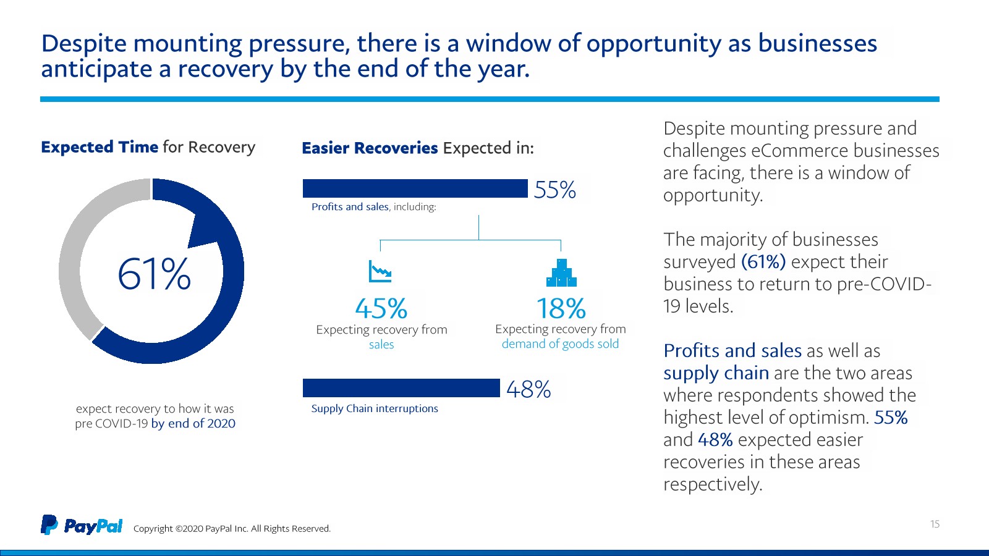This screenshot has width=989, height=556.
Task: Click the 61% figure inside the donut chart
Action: click(154, 274)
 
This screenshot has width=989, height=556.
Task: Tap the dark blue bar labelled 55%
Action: click(415, 188)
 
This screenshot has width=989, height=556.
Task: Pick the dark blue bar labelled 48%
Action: click(401, 388)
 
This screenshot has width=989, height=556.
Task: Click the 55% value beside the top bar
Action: click(554, 190)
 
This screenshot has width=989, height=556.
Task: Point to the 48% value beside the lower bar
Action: click(528, 389)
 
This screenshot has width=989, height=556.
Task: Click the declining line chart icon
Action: click(380, 271)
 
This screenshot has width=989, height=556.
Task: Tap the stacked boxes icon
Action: click(561, 273)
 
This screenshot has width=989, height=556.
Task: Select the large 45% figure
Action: click(381, 308)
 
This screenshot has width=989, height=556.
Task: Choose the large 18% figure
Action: click(561, 308)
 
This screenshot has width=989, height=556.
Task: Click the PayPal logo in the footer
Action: click(82, 525)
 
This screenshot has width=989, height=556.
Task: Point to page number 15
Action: click(935, 524)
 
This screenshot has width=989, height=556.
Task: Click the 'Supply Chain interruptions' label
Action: click(375, 408)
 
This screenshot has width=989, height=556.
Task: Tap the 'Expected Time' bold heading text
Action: click(100, 147)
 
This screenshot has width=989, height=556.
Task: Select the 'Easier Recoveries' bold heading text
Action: click(370, 148)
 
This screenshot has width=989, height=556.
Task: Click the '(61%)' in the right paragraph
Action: click(763, 262)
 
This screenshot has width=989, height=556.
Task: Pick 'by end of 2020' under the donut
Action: click(193, 423)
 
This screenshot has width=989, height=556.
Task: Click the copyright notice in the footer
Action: click(232, 529)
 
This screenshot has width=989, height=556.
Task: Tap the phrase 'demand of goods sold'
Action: click(560, 344)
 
